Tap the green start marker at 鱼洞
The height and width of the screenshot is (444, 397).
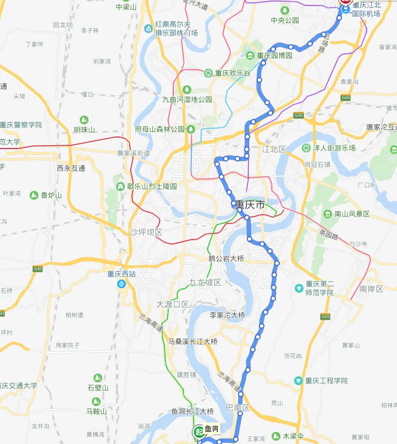coord(198,432)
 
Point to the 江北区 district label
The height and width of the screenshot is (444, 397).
coord(274,149)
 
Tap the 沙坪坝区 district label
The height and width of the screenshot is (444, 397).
coord(146,232)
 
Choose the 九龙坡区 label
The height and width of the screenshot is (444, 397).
coord(205,282)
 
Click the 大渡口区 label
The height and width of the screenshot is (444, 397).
coord(173,304)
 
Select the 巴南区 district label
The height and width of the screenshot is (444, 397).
coord(238,408)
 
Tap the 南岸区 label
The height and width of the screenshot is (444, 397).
coord(371,288)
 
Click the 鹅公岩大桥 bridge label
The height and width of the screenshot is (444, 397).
coord(226,258)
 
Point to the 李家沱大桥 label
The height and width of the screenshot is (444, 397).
coord(227,315)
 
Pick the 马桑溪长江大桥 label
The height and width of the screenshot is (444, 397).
coord(192,342)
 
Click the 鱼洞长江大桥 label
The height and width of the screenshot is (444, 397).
coord(192,411)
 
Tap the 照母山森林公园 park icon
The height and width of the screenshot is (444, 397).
coord(191,129)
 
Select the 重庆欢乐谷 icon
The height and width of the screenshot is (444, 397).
coord(208,73)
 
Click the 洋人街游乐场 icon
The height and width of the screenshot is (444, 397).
coord(306,147)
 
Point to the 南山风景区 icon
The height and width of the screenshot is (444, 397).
coord(328,213)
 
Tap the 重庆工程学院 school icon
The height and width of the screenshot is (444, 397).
coord(298,381)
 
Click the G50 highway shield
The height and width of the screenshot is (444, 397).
coord(299,115)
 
